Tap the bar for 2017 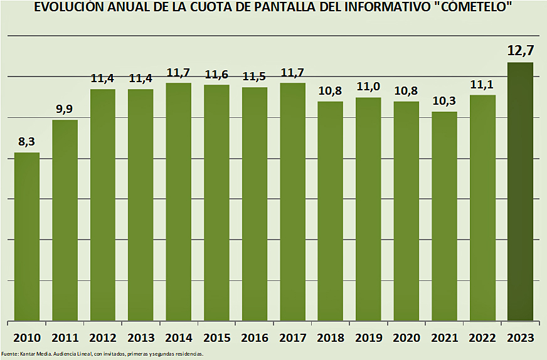tap(292, 201)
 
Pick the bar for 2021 tap(444, 216)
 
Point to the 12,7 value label tap(520, 50)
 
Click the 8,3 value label tap(27, 142)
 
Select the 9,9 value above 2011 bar tap(65, 109)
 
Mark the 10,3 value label tap(444, 100)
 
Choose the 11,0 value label tap(368, 87)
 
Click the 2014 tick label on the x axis tap(179, 338)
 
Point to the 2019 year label tap(368, 338)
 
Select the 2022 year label tap(482, 338)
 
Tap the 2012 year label tap(103, 338)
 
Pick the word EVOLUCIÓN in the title tap(68, 8)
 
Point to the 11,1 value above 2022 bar tap(482, 84)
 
